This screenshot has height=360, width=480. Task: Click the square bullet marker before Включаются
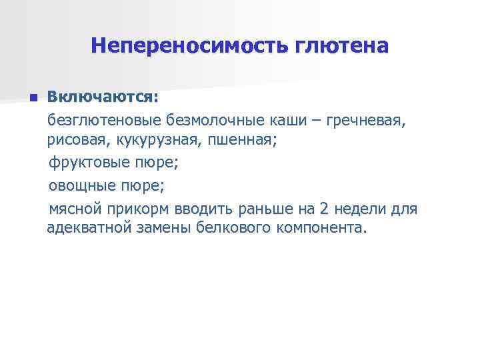[x=32, y=99]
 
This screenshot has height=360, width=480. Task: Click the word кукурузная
[x=158, y=140]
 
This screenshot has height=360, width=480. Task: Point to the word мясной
[x=75, y=209]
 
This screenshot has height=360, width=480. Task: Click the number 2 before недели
[x=325, y=209]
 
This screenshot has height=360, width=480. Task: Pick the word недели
[x=361, y=209]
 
